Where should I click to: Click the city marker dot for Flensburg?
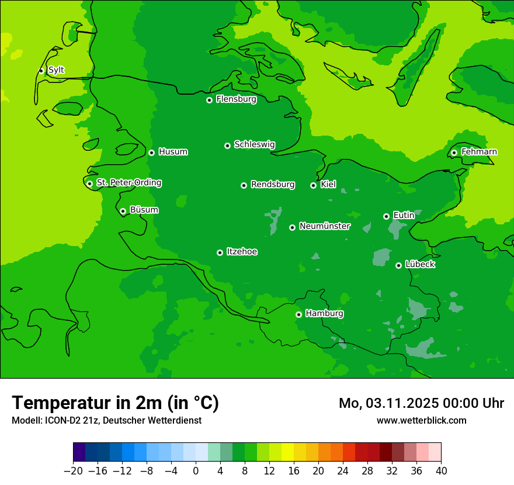(209, 100)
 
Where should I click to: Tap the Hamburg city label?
(324, 314)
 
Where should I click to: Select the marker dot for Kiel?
(313, 185)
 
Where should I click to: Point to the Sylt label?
(56, 70)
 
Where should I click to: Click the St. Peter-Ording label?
(128, 183)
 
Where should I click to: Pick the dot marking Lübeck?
(398, 265)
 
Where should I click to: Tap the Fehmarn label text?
(479, 152)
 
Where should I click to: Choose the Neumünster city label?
(325, 226)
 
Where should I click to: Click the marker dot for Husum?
(151, 153)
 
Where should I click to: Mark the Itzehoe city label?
(242, 252)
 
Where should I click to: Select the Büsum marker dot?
(123, 211)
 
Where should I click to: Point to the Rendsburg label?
(273, 185)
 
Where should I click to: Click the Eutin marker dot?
(386, 216)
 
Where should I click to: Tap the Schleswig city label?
(255, 144)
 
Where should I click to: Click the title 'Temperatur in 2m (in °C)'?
(115, 403)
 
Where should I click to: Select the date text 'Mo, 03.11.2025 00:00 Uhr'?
(421, 403)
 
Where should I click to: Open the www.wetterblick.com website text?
(421, 420)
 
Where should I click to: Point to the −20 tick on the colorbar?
(73, 471)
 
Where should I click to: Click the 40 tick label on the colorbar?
(441, 471)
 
